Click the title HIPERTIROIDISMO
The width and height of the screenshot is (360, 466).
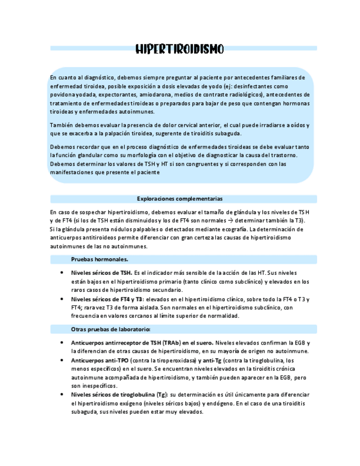coord(180,49)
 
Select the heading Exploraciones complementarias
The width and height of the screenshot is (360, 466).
coord(180,198)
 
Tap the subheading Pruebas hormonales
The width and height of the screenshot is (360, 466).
coord(100,259)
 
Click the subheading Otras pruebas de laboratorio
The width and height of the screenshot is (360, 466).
coord(111,329)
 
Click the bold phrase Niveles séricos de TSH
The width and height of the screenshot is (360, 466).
coord(101,273)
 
